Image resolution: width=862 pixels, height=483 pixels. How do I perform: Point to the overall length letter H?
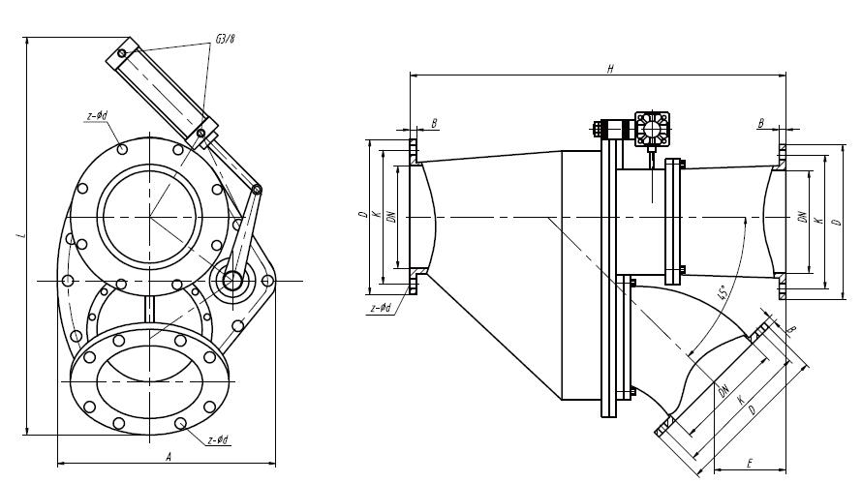click(x=609, y=69)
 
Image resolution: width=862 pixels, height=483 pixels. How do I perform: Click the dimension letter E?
click(x=752, y=464)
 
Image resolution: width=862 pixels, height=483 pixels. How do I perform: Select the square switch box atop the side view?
click(x=654, y=130)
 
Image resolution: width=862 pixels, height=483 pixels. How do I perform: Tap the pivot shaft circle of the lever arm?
click(x=232, y=281)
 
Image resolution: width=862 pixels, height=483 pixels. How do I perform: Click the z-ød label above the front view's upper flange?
click(x=97, y=116)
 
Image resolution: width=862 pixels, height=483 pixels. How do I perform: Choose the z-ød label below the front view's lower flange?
click(x=219, y=440)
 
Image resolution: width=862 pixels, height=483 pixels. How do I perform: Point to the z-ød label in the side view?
click(x=380, y=308)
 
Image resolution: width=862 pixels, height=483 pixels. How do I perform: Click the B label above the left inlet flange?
click(x=435, y=123)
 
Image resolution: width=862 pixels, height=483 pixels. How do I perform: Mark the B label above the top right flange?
click(x=762, y=124)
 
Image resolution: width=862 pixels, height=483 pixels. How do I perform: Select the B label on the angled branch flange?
click(x=792, y=330)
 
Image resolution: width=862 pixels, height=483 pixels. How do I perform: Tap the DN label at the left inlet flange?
click(x=391, y=217)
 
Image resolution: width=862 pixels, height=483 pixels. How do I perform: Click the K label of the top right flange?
click(x=818, y=221)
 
